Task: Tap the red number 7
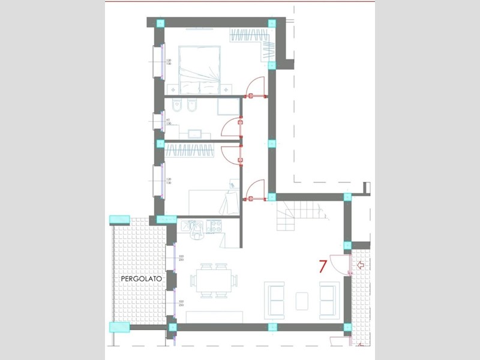point(323,266)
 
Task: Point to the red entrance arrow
point(361,265)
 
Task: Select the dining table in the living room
point(214,280)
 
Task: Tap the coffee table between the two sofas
point(302,300)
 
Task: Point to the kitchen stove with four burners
point(214,227)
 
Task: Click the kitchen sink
point(193,227)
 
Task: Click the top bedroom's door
point(257,88)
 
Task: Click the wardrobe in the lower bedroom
point(188,150)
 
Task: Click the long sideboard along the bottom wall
point(214,317)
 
